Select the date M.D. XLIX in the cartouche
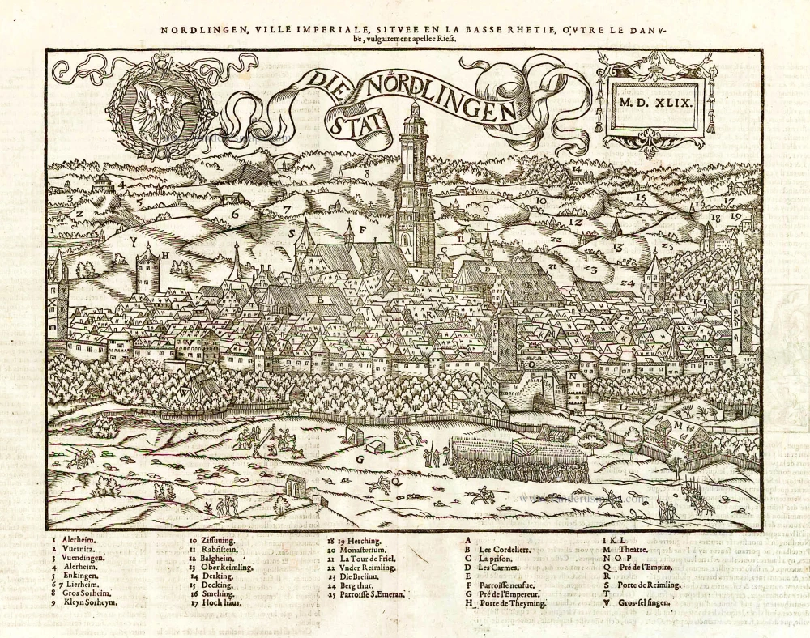652,103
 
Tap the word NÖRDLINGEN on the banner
442,96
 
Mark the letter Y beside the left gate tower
132,241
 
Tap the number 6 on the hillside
236,215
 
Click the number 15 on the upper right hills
639,197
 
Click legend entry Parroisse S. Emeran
372,593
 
